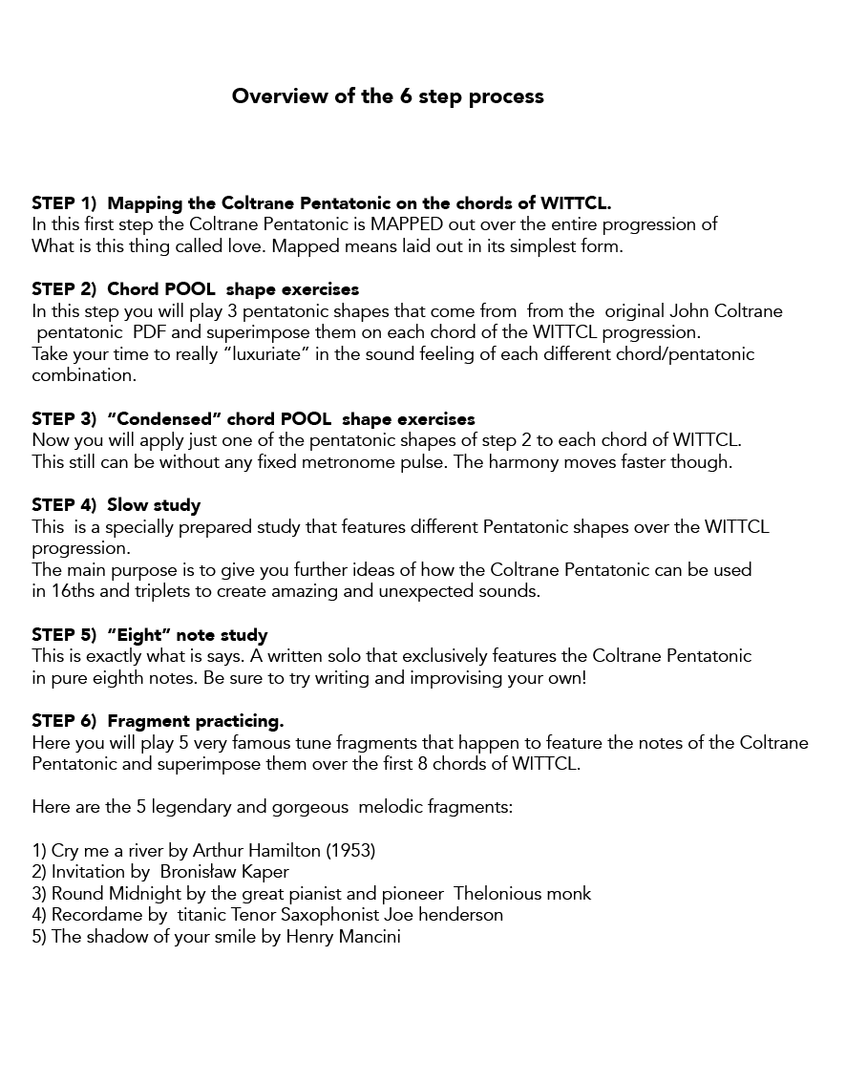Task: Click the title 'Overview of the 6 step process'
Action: [x=388, y=96]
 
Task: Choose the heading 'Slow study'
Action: [x=154, y=505]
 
